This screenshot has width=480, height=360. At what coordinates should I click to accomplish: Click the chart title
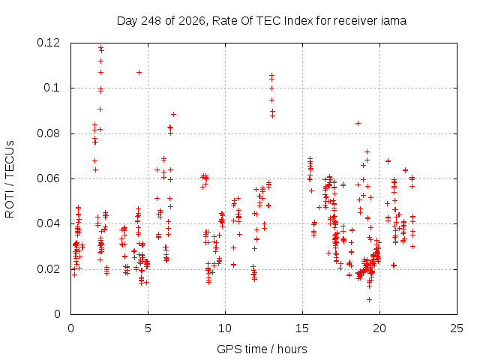(262, 21)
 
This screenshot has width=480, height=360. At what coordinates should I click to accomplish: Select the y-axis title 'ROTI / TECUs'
(10, 179)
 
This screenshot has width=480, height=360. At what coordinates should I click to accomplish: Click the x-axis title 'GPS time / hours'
(262, 349)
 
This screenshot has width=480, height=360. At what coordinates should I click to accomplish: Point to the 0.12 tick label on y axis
(49, 43)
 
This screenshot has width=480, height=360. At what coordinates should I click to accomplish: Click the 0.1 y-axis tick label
(52, 88)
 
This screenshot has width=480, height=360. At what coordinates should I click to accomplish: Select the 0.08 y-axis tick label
(49, 133)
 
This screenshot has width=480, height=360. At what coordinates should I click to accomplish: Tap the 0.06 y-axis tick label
(49, 178)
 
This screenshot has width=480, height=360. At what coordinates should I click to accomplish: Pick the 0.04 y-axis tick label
(49, 223)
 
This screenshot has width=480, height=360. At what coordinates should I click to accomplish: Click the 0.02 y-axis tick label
(49, 269)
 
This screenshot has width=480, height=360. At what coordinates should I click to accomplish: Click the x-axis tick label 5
(148, 328)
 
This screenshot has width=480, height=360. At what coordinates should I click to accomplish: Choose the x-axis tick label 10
(225, 328)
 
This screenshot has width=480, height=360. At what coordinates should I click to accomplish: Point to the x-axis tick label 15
(302, 328)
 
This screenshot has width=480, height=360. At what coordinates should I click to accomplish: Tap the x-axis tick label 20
(379, 328)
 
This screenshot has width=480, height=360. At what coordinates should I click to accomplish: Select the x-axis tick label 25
(457, 328)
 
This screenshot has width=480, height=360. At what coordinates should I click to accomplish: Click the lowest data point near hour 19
(370, 299)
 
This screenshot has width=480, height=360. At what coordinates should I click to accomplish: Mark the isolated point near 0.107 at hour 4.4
(139, 72)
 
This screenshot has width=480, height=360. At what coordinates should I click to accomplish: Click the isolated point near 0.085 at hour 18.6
(358, 123)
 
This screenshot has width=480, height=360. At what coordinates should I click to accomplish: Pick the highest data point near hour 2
(100, 47)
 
